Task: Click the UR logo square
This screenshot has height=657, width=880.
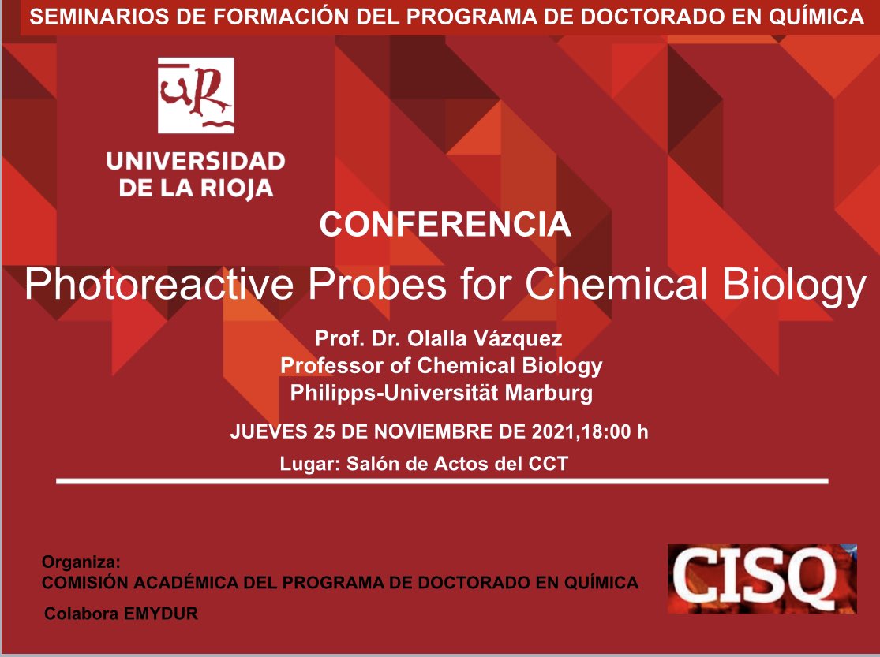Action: coord(196,95)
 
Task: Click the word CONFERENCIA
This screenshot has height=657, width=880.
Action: coord(445,225)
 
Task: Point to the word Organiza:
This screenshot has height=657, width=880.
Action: coord(81,563)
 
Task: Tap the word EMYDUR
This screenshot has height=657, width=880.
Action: coord(161,614)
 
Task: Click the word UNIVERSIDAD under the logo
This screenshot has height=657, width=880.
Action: coord(196,162)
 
